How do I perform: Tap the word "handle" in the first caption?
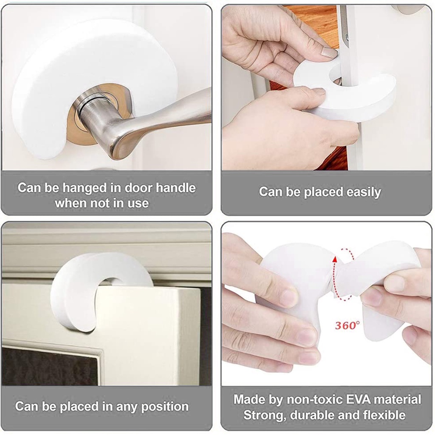coord(175,188)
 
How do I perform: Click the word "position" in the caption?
coord(165,407)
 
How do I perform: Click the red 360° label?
coord(347,325)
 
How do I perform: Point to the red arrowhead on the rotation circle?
coord(335,260)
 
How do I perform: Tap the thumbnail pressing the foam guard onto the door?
coord(329,52)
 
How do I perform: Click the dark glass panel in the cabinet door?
coord(50,366)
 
